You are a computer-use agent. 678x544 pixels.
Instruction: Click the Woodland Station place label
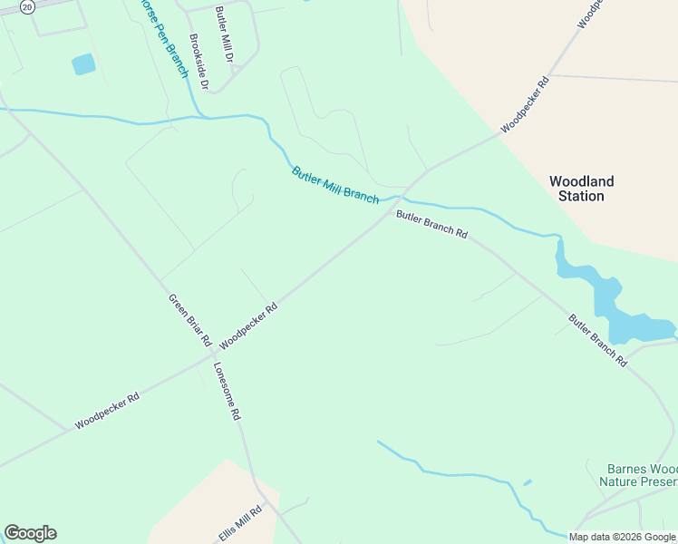coord(581,189)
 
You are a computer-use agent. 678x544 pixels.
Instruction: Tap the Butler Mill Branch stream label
coord(334,185)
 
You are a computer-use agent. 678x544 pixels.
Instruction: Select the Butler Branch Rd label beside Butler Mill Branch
coord(431,225)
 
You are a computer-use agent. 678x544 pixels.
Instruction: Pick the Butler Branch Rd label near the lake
coord(597,340)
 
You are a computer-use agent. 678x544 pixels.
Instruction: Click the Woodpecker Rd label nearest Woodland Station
coord(525,105)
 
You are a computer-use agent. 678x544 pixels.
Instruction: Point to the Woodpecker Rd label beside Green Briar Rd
coord(247,325)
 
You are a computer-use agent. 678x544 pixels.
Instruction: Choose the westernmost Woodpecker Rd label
coord(107,410)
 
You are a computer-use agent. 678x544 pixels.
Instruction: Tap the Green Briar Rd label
coord(189,321)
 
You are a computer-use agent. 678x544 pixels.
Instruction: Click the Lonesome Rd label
coord(227,391)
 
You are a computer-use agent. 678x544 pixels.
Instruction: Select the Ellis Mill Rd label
coord(240,523)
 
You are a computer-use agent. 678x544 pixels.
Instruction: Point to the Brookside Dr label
coord(199,63)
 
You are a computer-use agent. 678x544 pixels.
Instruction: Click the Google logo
coord(30,533)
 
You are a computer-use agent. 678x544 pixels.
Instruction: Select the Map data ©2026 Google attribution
coord(623,537)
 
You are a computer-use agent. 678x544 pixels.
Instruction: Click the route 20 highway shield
coord(27,6)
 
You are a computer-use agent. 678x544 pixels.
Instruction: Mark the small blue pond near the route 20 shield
coord(83,64)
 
